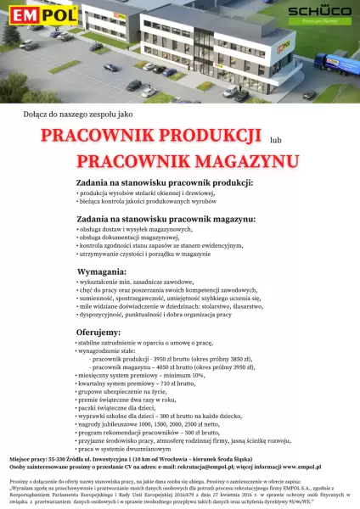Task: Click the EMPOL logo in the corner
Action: coord(30,14)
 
